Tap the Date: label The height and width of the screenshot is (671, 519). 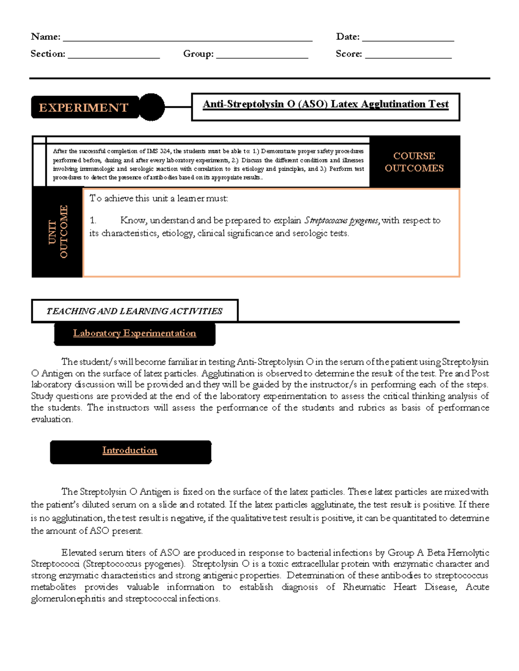[348, 37]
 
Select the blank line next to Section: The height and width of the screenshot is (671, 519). [114, 56]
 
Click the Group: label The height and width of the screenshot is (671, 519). [198, 54]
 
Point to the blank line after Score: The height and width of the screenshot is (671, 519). [408, 56]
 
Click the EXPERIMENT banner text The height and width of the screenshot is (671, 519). [83, 108]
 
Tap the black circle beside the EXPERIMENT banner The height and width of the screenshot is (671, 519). [151, 107]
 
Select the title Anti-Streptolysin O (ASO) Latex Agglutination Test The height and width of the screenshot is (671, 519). [325, 104]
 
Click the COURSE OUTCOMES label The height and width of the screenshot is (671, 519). [414, 162]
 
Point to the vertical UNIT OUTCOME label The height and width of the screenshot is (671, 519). [58, 232]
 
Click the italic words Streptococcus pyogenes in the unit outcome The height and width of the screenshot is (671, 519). [342, 221]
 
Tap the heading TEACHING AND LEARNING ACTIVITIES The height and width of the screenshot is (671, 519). [134, 311]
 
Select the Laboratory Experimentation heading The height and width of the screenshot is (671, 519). [135, 333]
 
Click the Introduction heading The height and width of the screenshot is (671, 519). [130, 450]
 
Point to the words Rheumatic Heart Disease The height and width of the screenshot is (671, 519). [399, 587]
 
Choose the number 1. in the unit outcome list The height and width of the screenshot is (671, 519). [93, 221]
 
